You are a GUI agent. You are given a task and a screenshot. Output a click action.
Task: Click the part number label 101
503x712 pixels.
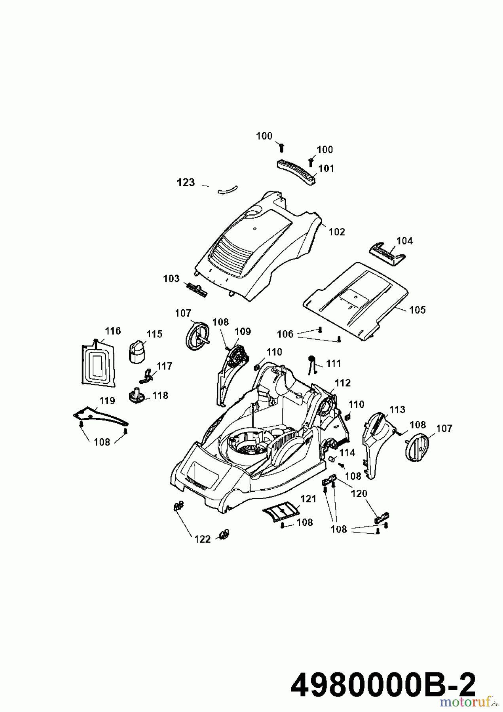[x=326, y=169]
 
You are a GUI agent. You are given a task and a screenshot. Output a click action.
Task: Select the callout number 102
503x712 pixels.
[x=337, y=232]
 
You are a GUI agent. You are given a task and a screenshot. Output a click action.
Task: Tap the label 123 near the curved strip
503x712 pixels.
[x=186, y=183]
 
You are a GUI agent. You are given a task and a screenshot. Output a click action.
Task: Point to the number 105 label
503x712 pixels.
[x=417, y=310]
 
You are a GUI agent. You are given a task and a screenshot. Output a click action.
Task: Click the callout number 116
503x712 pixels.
[x=113, y=331]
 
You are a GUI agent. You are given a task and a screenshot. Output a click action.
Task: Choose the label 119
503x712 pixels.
[x=107, y=401]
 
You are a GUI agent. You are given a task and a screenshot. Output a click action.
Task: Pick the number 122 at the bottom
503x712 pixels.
[x=202, y=539]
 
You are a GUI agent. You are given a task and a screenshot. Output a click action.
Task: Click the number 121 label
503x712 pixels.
[x=308, y=499]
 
